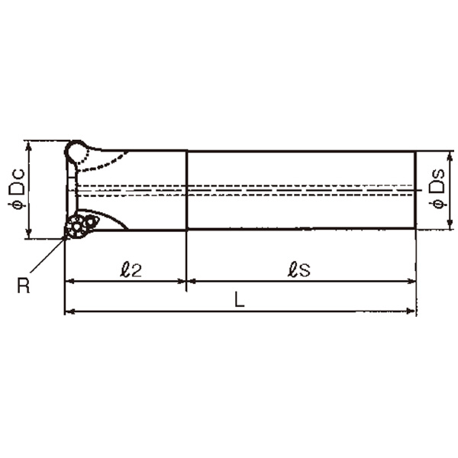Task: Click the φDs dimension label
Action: point(437,189)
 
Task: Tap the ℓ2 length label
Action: point(131,269)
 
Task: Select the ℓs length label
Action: point(298,269)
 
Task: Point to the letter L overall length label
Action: point(240,299)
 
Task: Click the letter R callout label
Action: point(24,285)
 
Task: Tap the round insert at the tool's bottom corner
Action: point(76,227)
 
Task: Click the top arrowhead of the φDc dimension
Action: point(29,147)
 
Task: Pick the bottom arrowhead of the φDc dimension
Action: point(29,233)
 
